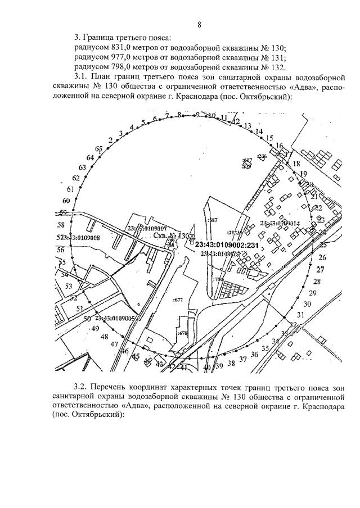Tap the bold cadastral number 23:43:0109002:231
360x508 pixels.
click(x=227, y=245)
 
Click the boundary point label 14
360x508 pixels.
click(x=259, y=131)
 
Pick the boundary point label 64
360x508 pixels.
click(x=90, y=157)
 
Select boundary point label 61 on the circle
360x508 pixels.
click(x=70, y=189)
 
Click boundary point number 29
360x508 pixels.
click(x=313, y=293)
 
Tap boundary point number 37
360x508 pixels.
click(x=243, y=359)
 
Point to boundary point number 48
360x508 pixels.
click(x=103, y=337)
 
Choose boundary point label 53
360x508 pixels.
click(x=69, y=286)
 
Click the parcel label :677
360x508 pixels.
click(x=179, y=300)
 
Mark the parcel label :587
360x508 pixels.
click(x=213, y=220)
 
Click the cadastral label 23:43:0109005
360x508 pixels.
click(x=114, y=318)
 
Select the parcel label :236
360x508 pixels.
click(x=262, y=156)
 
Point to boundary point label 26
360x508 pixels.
click(x=322, y=257)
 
